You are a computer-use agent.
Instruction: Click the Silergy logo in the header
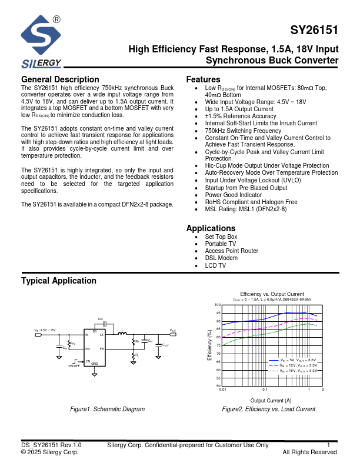pos(41,42)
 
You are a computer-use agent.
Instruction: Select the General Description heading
pos(60,79)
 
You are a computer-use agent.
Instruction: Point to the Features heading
pos(203,79)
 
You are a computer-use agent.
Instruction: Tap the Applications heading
pos(211,228)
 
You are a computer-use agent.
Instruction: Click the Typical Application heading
pos(58,281)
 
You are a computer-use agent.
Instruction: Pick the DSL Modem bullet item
pos(221,258)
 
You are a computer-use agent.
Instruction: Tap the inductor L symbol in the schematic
pos(123,333)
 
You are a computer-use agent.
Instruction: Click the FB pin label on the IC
pos(101,349)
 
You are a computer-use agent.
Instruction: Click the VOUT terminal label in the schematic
pos(173,331)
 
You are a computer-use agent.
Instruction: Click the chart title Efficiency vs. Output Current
pos(272,294)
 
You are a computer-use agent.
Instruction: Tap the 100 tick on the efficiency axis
pos(217,305)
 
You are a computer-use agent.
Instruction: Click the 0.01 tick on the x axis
pos(222,390)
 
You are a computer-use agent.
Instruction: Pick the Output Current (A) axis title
pos(271,400)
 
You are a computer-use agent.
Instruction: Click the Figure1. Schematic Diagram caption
pos(107,409)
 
